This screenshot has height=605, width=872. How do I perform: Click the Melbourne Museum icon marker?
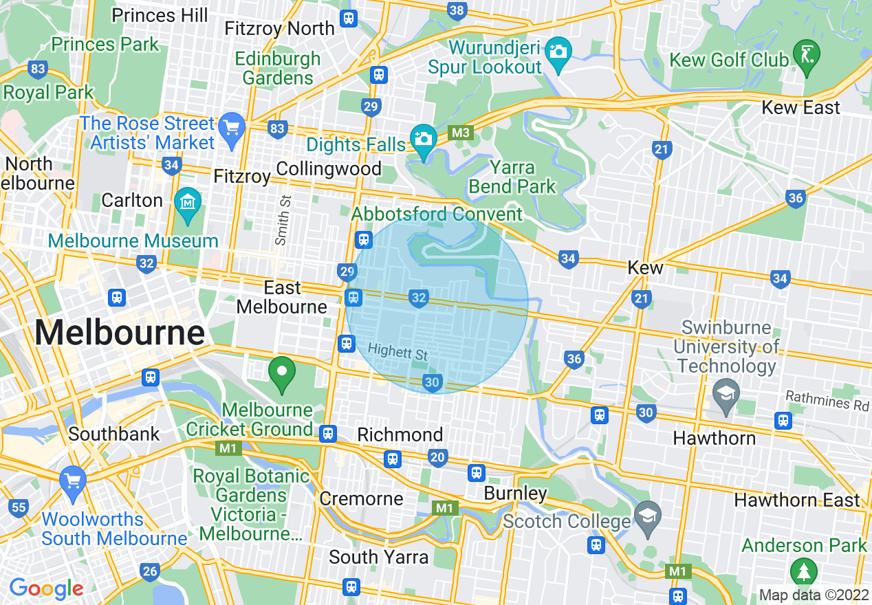[188, 203]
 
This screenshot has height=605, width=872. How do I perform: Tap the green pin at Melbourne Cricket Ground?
[281, 373]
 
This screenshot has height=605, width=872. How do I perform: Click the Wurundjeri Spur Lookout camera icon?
[558, 52]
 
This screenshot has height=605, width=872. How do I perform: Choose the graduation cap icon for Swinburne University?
[725, 394]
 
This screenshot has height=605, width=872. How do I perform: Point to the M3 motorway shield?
[460, 133]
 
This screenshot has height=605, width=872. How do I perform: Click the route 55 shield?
[19, 509]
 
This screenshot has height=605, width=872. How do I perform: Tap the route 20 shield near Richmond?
[437, 458]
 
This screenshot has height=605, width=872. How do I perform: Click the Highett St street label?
[397, 352]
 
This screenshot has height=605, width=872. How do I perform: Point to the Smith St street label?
[282, 219]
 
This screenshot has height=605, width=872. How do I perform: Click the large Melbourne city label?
[120, 333]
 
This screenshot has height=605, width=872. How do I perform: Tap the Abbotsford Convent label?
[437, 214]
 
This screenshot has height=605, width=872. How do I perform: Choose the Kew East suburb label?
[800, 108]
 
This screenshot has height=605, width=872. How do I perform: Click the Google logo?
[46, 588]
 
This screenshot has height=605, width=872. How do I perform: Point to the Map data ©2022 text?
[814, 595]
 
